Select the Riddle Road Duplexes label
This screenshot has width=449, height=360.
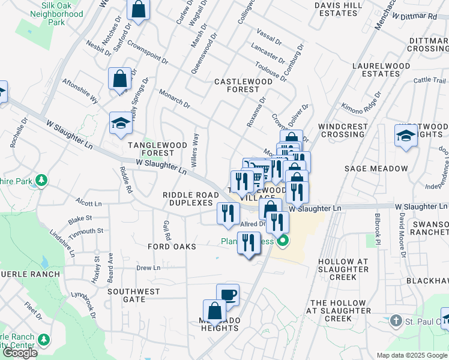click(x=191, y=199)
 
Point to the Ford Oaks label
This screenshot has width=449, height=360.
click(x=172, y=247)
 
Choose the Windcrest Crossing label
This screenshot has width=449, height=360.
click(x=342, y=130)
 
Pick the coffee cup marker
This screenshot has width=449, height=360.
click(x=228, y=295)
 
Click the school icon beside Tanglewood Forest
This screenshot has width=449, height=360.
click(x=121, y=124)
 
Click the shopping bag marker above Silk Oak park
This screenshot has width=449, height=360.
click(x=138, y=10)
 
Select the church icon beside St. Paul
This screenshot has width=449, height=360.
click(x=395, y=322)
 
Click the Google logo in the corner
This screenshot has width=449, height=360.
click(x=20, y=353)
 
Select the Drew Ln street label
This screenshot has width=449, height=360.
click(x=148, y=268)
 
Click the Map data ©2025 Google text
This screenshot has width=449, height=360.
click(x=412, y=355)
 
